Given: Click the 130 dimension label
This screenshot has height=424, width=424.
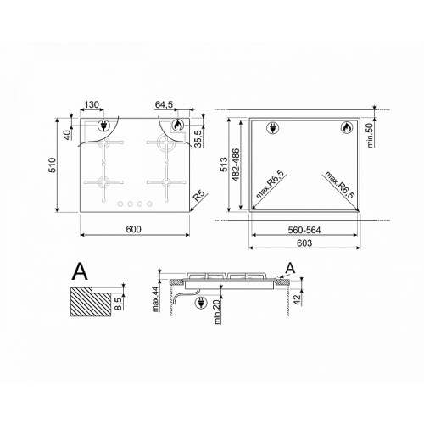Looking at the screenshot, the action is tap(92, 104).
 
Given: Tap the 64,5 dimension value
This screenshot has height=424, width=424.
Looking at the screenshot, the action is tap(164, 104).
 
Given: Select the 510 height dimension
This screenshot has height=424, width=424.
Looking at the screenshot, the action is tap(53, 165).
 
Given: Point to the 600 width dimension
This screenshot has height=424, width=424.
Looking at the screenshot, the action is tap(133, 229).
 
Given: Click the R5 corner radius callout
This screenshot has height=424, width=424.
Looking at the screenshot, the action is tap(198, 196).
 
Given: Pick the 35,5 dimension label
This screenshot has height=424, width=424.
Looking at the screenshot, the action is tap(198, 138).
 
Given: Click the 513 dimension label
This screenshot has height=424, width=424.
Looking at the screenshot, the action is tap(224, 165).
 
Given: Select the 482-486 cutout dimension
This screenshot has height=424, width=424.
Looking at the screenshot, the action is tap(235, 165).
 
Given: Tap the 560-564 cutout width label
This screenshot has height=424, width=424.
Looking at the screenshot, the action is tap(304, 230).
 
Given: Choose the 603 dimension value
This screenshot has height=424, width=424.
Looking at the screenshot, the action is tap(304, 243).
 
